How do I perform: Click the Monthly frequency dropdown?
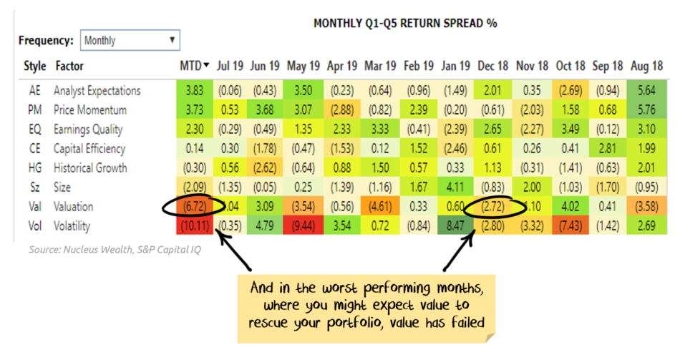point(130,41)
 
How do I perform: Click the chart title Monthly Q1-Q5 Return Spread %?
point(405,23)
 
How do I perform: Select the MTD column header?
point(195,66)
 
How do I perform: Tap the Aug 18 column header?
point(647,66)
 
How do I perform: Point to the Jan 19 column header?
point(455,66)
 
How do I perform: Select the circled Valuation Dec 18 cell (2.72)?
point(492,207)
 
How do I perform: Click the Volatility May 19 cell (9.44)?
point(303,226)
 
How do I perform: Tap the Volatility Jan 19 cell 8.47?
point(455,226)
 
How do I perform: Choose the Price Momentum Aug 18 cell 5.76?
point(647,110)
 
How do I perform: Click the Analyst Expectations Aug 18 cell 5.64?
point(647,91)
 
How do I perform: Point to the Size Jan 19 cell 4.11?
point(455,188)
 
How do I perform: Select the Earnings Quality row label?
point(88,130)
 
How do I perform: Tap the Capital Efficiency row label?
point(89,149)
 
